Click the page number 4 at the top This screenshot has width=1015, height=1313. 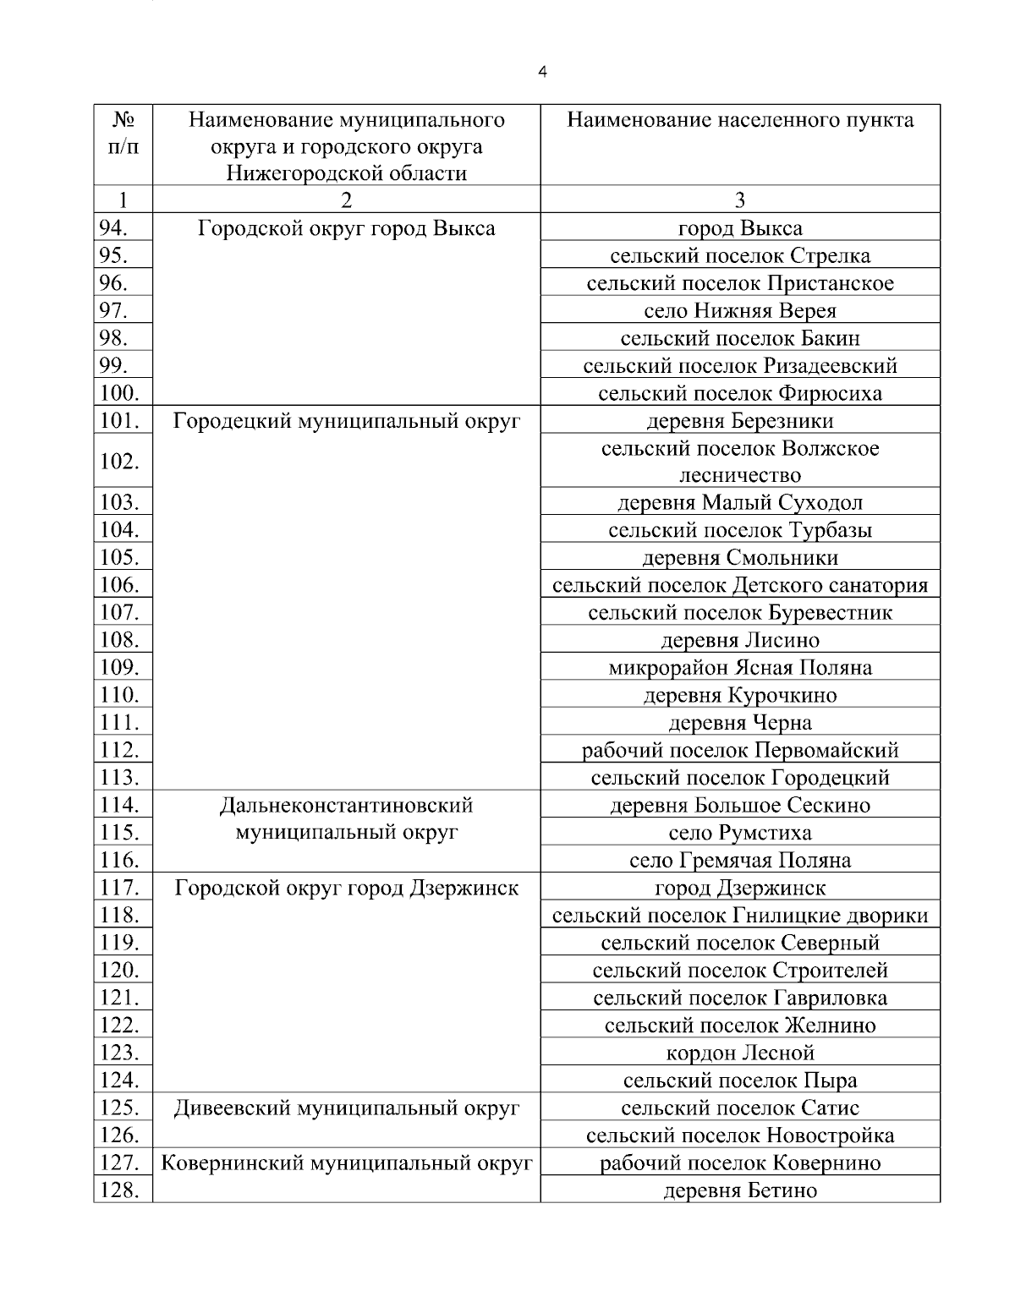[542, 73]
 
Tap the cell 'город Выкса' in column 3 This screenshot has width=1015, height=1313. [740, 228]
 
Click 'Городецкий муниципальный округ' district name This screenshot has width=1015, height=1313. [346, 421]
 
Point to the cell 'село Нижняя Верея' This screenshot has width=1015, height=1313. [740, 311]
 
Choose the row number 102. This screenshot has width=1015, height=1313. [119, 462]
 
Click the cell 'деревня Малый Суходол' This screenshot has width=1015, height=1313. [740, 503]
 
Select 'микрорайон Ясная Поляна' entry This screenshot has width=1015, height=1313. [740, 668]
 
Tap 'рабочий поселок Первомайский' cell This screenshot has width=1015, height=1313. [740, 750]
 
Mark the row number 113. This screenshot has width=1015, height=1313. [119, 778]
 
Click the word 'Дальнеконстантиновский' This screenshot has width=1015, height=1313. [346, 805]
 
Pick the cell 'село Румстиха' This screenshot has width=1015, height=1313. [740, 833]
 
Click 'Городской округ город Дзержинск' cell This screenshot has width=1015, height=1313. [346, 888]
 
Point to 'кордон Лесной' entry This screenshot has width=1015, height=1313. [740, 1053]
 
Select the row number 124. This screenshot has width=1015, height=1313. [119, 1080]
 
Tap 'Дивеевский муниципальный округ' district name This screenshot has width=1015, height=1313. [346, 1108]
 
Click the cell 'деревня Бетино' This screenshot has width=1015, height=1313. [740, 1190]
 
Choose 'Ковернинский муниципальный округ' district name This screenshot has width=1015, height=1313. [346, 1163]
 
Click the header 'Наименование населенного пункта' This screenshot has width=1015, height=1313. [740, 120]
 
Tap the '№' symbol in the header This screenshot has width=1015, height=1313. [123, 120]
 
